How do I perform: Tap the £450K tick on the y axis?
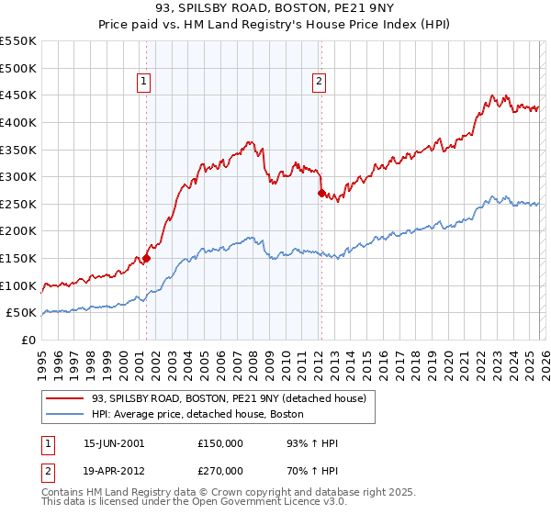pos(18,95)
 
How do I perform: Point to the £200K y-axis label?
pos(18,231)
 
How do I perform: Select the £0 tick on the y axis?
pos(28,340)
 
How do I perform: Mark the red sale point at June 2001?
pos(146,259)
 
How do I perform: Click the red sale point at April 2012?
pos(321,194)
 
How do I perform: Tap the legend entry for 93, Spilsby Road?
pos(229,398)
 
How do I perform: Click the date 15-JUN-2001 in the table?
pos(114,443)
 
